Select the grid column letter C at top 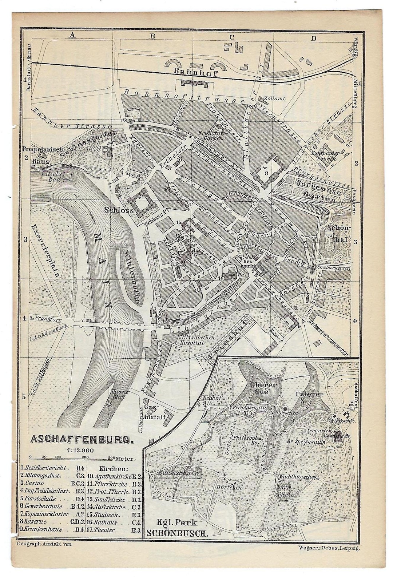click(x=231, y=36)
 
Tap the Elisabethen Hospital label click(x=192, y=339)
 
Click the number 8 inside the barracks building click(x=266, y=173)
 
